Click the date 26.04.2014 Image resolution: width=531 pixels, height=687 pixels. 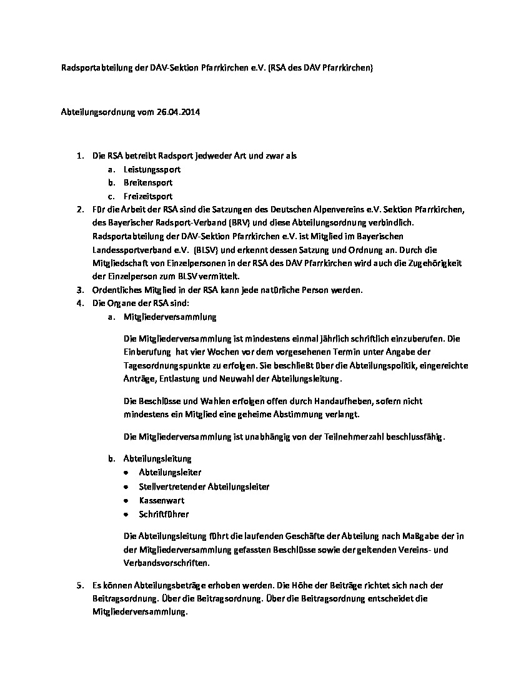(x=181, y=113)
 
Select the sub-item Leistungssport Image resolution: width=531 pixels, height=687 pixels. (x=152, y=169)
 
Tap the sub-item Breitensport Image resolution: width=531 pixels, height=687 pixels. (x=148, y=182)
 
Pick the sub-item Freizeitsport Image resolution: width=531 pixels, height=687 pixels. (x=148, y=196)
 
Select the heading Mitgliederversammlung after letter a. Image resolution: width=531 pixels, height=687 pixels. (x=170, y=317)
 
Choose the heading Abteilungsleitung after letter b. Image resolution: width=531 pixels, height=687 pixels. (x=157, y=459)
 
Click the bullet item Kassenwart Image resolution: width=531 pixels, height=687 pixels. (x=161, y=500)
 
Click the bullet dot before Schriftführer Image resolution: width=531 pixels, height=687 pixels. (x=127, y=515)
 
